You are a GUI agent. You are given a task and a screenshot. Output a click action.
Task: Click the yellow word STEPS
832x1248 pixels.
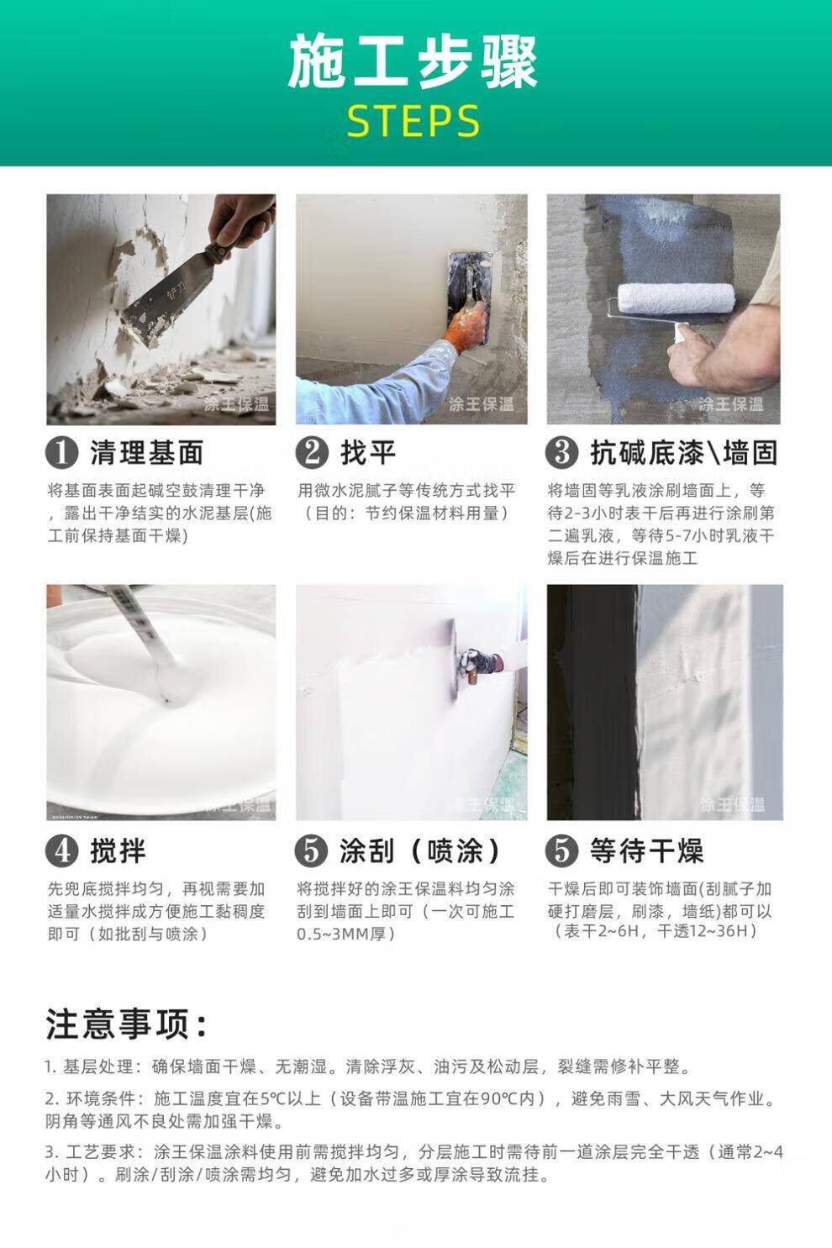[x=413, y=121]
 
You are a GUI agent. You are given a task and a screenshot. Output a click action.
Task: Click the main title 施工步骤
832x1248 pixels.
[x=413, y=61]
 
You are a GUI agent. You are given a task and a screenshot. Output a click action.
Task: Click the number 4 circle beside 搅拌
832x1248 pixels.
[x=61, y=850]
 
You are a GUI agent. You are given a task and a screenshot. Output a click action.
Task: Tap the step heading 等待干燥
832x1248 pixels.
[x=647, y=850]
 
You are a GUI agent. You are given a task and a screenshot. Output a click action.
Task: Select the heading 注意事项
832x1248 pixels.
[x=127, y=1024]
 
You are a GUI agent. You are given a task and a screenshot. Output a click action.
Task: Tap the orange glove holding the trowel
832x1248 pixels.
[x=466, y=329]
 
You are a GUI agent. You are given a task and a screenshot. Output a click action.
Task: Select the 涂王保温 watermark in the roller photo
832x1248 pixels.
[x=730, y=403]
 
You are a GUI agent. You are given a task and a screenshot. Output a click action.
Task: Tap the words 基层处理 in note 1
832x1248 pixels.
[x=98, y=1066]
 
